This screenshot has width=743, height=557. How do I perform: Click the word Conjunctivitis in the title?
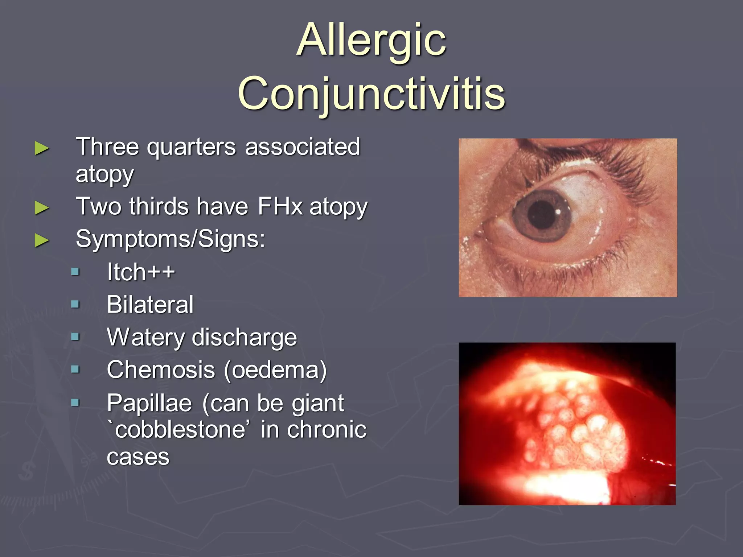(371, 94)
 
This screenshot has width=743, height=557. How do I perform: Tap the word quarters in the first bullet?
(192, 147)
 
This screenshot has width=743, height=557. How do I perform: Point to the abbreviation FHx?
(280, 207)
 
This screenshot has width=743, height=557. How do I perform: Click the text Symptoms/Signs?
(171, 239)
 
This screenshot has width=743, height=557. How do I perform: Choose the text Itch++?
(141, 272)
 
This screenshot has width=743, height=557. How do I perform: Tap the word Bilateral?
(150, 305)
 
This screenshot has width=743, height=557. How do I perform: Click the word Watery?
(145, 338)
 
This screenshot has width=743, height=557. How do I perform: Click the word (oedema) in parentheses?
(275, 370)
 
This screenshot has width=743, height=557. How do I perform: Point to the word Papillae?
(149, 403)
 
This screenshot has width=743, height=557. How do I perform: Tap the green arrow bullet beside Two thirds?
(42, 208)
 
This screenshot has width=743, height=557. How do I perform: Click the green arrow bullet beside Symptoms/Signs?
(42, 240)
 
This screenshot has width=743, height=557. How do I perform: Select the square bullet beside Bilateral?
(75, 304)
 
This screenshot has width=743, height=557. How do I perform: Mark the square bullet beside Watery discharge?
(75, 337)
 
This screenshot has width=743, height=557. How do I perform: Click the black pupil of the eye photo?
(542, 214)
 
